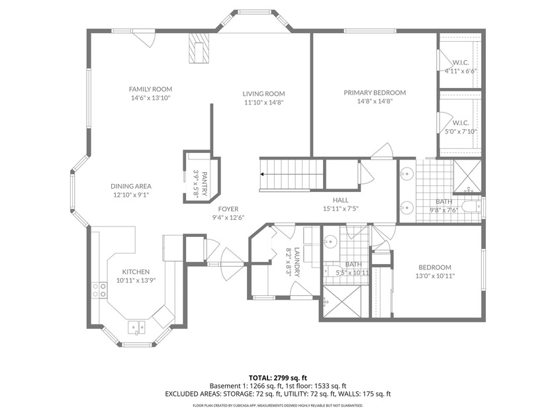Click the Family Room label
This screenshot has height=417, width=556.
(x=150, y=89)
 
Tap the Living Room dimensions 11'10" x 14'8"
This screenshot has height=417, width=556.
(x=263, y=103)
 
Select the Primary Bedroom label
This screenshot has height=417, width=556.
(x=375, y=93)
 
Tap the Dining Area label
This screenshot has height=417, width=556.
(x=130, y=186)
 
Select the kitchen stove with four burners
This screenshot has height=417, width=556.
(x=99, y=290)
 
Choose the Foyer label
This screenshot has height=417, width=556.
(x=228, y=209)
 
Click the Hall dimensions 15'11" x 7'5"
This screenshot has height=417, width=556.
(x=341, y=209)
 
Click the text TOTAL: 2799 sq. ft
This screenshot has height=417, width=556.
(x=277, y=377)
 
